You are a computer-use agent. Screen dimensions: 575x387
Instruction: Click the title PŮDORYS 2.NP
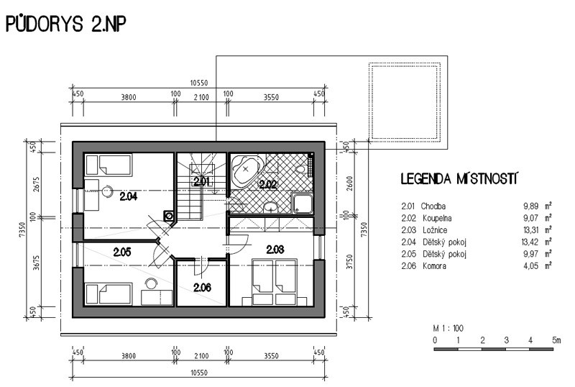[66, 24]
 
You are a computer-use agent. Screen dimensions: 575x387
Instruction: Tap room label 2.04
[129, 196]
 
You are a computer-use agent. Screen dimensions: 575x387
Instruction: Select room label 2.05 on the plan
[122, 252]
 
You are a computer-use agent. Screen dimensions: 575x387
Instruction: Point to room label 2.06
[202, 287]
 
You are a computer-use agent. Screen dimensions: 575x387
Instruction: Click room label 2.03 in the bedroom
[275, 250]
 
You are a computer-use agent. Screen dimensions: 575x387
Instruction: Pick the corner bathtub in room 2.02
[246, 170]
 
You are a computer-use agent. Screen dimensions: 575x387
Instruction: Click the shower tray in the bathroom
[303, 204]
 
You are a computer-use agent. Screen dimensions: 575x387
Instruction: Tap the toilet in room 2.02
[301, 170]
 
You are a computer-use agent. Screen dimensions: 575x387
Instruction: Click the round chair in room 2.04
[107, 191]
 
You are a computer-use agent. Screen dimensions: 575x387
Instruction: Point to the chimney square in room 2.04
[169, 216]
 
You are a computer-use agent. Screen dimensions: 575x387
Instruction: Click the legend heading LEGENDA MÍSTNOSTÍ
[459, 179]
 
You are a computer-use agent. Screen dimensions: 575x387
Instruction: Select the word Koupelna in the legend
[437, 218]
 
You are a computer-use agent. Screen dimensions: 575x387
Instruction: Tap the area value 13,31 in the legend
[530, 230]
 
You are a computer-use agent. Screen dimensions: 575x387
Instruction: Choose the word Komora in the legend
[435, 266]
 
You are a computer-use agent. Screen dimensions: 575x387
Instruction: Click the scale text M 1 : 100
[448, 328]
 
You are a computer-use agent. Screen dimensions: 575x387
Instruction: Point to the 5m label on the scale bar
[556, 340]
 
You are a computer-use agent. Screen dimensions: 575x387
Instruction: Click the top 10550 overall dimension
[199, 83]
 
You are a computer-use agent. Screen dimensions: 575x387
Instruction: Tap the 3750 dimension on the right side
[349, 262]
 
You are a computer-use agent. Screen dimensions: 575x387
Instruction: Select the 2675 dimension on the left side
[36, 184]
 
